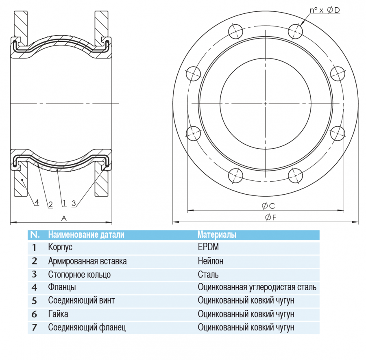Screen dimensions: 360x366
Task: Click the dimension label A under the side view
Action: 64,218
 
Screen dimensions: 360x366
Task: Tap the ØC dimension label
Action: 269,206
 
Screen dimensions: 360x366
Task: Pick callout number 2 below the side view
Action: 50,204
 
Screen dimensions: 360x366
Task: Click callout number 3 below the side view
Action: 74,203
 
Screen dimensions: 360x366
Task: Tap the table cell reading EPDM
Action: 211,247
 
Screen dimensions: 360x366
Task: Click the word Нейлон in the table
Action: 210,261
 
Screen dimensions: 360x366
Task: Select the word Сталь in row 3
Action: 208,274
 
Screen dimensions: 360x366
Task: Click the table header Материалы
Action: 217,234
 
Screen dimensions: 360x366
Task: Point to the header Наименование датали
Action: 86,234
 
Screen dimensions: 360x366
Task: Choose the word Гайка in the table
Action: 58,314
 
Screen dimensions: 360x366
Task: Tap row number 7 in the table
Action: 34,327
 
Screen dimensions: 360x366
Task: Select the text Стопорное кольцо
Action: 79,274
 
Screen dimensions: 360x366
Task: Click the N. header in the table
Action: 35,234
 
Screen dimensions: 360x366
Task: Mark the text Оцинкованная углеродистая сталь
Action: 257,288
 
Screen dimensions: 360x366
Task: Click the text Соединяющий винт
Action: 81,301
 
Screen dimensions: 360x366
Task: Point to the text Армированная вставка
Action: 87,261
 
